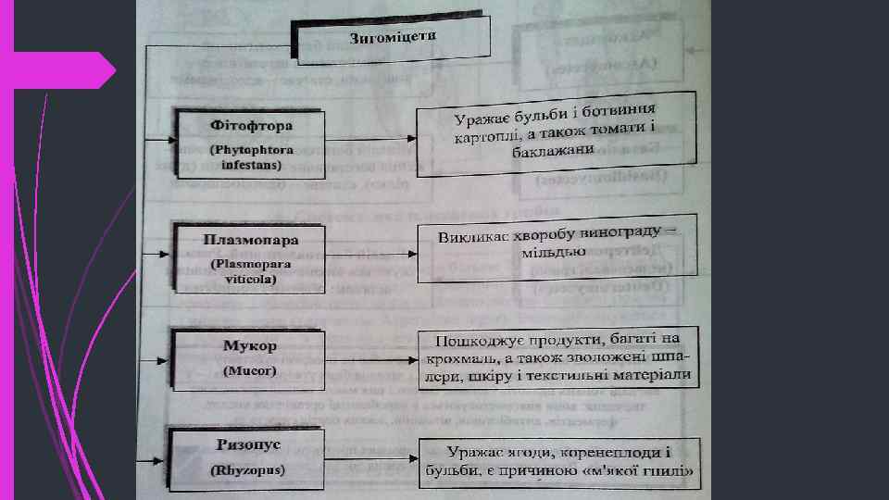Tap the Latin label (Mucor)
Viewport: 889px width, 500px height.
click(x=250, y=370)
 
